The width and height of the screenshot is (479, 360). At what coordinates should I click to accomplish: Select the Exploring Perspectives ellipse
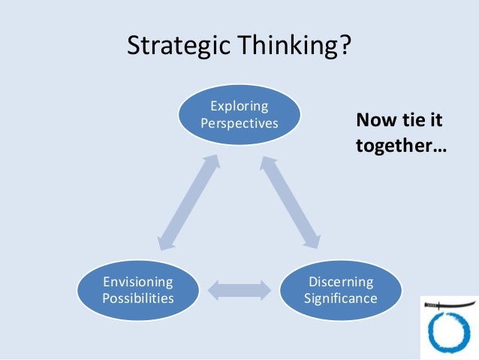(x=239, y=114)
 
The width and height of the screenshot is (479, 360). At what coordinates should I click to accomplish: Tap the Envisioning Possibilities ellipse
(x=138, y=289)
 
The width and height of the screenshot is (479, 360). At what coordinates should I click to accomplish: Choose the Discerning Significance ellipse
(x=341, y=289)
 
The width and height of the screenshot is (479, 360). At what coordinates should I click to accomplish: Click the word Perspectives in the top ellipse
(x=239, y=123)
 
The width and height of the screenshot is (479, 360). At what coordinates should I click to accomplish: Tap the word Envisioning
(x=138, y=282)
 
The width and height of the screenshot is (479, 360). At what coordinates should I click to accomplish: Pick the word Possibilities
(x=138, y=298)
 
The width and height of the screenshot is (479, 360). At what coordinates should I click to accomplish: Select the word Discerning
(x=341, y=282)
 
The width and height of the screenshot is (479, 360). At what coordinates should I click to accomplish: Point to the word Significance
(x=341, y=298)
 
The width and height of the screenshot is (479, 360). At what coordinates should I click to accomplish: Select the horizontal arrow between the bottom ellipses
(x=239, y=290)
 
